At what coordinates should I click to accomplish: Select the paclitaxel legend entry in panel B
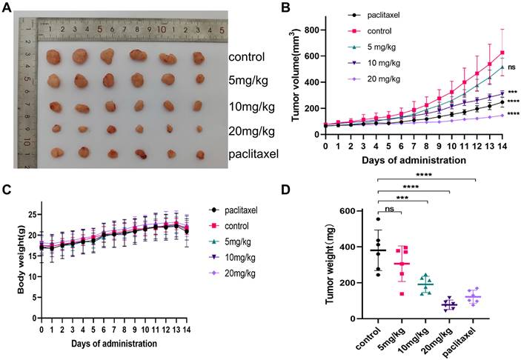click(x=402, y=14)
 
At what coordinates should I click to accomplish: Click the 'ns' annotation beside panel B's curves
click(x=511, y=67)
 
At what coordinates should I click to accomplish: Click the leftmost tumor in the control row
click(x=55, y=56)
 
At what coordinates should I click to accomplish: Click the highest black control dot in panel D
click(x=378, y=219)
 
